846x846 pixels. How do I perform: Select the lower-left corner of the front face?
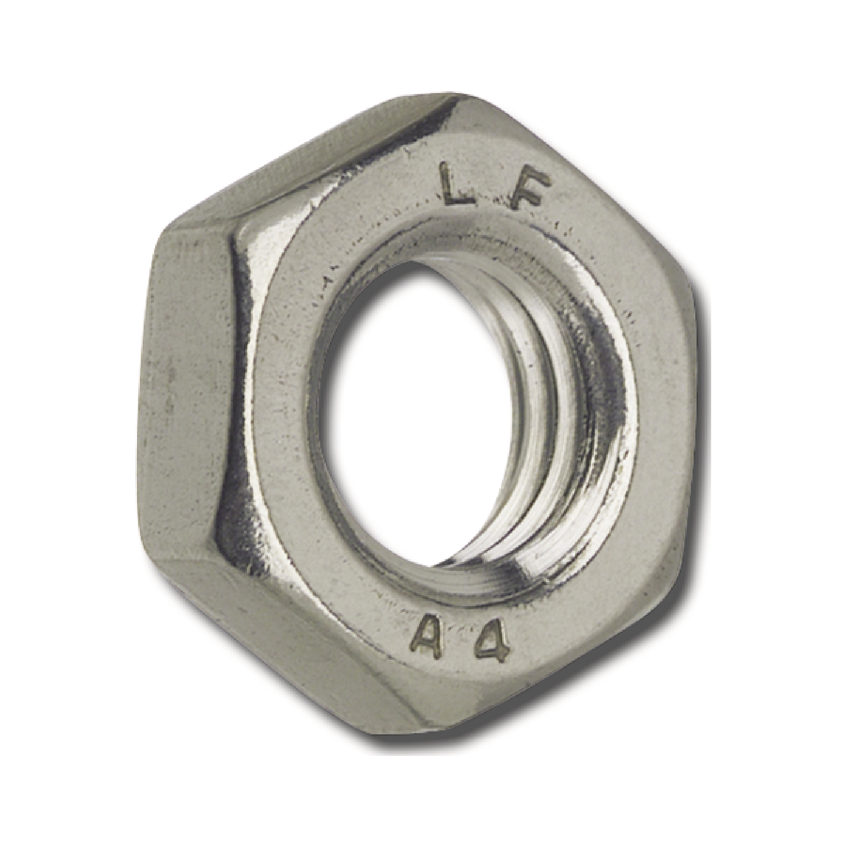(x=220, y=525)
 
